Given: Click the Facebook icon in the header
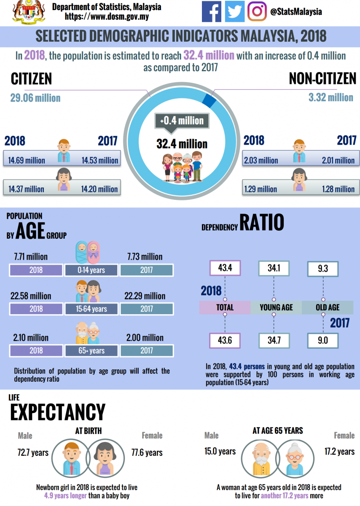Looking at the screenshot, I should tap(212, 11).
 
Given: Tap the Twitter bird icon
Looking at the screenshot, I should tap(234, 11).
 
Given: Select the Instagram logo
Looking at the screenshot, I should tap(257, 11).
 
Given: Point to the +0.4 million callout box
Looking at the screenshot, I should tap(182, 121).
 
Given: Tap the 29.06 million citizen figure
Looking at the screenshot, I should tap(35, 98).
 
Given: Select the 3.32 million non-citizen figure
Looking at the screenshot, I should tap(330, 98).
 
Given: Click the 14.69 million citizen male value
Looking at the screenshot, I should tap(26, 160).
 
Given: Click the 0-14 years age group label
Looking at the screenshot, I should tap(91, 270).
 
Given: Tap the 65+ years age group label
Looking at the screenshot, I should tap(91, 350).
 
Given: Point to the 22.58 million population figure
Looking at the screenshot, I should tap(31, 296).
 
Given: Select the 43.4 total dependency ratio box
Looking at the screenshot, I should tap(225, 268).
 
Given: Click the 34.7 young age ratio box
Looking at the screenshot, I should tap(274, 340).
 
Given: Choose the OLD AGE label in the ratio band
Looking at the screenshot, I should tap(328, 307).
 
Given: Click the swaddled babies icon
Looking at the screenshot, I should tap(88, 252).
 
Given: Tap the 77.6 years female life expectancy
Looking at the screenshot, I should tap(147, 453).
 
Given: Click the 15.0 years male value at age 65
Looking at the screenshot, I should tap(220, 452).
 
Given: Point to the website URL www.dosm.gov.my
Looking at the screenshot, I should tap(107, 17).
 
